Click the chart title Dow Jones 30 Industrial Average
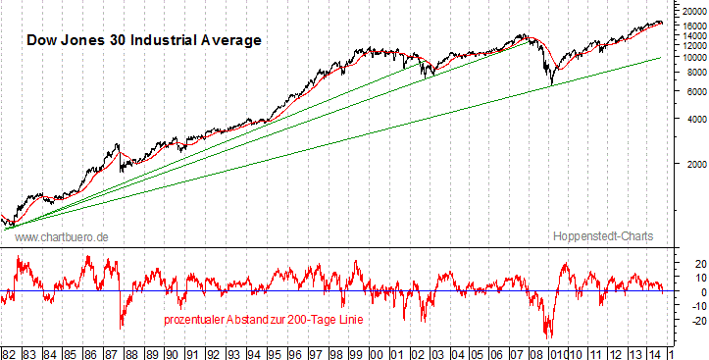click(x=142, y=40)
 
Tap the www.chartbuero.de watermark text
click(x=62, y=237)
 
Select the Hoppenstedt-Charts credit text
click(x=601, y=237)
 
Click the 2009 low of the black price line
click(x=551, y=85)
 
